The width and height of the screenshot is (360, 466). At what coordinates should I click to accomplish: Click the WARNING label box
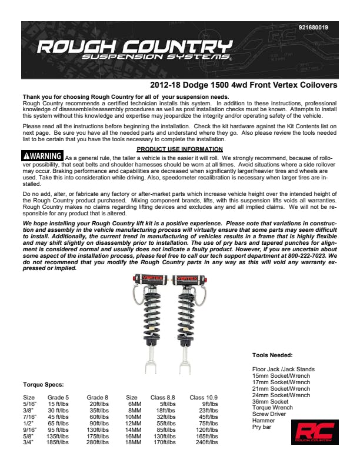42,156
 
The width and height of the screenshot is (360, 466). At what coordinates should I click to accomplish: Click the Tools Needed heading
272,355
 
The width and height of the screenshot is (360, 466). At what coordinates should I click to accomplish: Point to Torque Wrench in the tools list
271,408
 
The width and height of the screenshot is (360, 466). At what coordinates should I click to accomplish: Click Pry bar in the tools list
262,427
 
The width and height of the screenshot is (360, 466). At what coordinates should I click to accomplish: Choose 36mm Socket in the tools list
271,401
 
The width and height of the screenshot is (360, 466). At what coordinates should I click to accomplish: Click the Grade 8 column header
97,398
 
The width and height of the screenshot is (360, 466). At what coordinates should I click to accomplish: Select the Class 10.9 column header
204,398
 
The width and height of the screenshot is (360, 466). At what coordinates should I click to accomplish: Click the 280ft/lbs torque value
98,442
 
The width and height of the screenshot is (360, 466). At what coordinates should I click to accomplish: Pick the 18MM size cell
135,442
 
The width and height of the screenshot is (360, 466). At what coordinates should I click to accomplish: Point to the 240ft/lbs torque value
208,442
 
